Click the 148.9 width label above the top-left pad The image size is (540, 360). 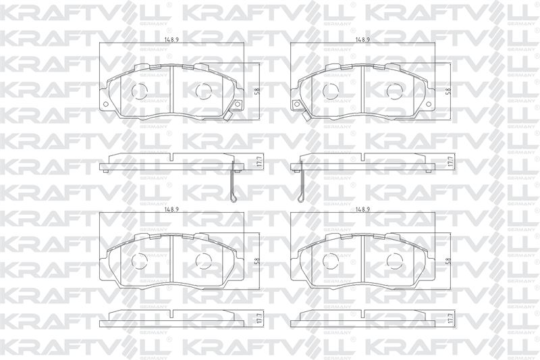coord(171,40)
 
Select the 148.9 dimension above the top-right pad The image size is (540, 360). coord(363,40)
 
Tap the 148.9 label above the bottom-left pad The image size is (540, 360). coord(171,209)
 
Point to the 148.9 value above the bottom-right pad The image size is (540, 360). coord(363,209)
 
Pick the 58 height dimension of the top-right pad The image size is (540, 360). coord(448,91)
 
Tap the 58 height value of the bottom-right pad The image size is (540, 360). coord(448,261)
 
